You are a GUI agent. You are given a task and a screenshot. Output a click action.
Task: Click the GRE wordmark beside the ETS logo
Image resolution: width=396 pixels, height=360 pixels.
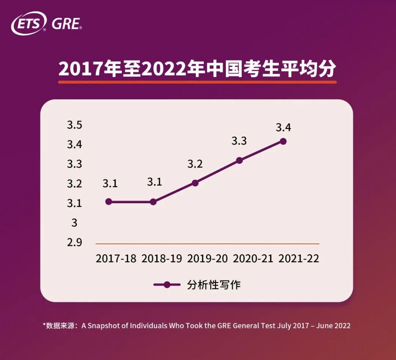(x=66, y=24)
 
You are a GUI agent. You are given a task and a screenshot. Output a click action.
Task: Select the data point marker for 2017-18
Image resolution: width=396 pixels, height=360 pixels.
(x=109, y=202)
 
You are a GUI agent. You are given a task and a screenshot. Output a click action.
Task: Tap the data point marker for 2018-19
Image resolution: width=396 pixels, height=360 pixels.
(x=153, y=202)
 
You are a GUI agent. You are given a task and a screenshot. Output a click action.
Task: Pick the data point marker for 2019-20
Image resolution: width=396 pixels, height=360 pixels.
(x=195, y=183)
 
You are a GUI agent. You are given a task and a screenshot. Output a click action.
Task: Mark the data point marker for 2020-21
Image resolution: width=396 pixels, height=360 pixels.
(x=239, y=160)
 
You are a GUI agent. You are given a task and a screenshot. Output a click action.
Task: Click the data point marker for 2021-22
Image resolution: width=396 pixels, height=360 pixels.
(x=283, y=141)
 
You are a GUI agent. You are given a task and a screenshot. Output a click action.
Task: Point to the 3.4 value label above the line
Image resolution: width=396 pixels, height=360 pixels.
(x=283, y=128)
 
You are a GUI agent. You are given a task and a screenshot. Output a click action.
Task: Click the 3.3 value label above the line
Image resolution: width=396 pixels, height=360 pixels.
(x=239, y=141)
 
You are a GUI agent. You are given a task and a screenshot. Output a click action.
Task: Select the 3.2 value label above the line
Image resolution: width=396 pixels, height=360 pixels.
(x=195, y=164)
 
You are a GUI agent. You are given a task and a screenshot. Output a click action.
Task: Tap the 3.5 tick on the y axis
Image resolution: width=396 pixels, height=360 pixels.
(x=74, y=125)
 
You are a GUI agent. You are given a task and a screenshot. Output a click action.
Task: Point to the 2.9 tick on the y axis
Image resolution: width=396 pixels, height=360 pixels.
(x=74, y=243)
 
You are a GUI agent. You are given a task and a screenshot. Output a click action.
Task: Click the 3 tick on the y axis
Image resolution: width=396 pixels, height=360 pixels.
(x=74, y=223)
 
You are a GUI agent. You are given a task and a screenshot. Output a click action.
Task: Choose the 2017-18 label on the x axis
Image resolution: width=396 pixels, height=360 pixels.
(x=116, y=258)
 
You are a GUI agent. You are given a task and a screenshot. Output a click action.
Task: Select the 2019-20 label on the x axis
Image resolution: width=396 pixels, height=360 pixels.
(x=208, y=258)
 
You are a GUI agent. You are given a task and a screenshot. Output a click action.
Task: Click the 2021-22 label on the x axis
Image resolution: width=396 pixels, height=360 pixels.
(x=299, y=258)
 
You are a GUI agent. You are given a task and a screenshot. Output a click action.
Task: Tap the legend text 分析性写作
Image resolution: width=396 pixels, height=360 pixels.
(x=214, y=285)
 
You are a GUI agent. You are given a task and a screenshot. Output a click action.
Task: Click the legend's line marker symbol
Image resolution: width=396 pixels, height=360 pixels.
(x=167, y=285)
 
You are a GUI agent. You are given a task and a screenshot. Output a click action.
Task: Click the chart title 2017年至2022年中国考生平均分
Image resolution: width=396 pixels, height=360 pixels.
(x=197, y=69)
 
